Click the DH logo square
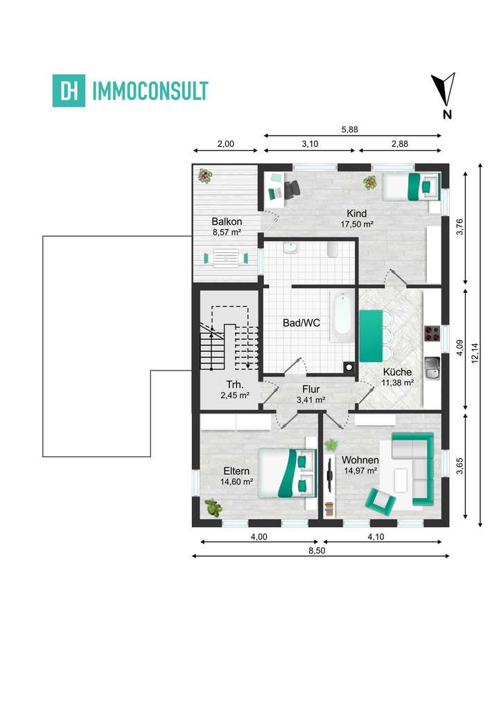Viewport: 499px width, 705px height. coord(69,91)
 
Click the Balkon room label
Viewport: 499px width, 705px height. coord(226,222)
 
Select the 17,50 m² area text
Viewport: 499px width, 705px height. coord(358,224)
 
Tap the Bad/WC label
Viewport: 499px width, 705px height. coord(301,323)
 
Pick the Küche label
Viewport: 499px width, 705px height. coord(397,372)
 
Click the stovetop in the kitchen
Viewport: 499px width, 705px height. coord(432,334)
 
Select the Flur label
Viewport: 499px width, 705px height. coord(310,389)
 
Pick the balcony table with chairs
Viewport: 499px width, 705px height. coord(226,258)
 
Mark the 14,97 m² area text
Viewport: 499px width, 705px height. coord(360,471)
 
